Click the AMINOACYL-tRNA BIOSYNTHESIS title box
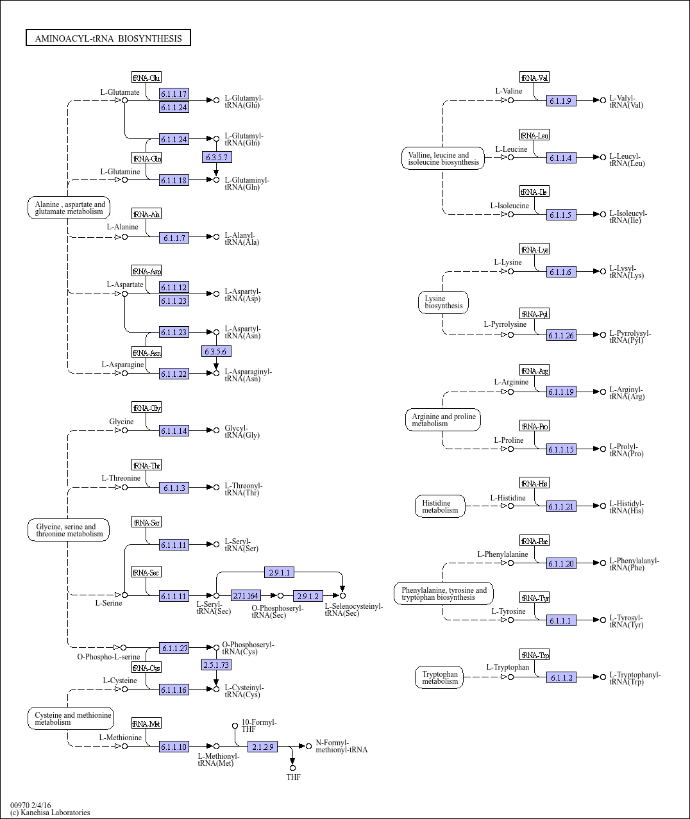point(108,38)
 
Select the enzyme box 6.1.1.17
point(174,94)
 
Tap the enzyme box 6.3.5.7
point(217,157)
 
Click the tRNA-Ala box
point(146,214)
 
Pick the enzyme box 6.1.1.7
point(174,238)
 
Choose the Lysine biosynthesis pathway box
point(443,302)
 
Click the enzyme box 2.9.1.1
point(279,572)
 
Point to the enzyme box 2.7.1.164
point(246,596)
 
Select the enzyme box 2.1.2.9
point(262,747)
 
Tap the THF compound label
point(293,777)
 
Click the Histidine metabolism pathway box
point(440,506)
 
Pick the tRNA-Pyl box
point(534,314)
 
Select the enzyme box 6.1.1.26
point(561,335)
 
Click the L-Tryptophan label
point(507,667)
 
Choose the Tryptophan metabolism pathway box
point(439,677)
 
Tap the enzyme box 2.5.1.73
point(216,665)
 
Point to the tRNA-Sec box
point(146,572)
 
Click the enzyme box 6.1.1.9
point(561,101)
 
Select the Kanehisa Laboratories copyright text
point(50,813)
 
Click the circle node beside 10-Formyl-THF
point(235,725)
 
